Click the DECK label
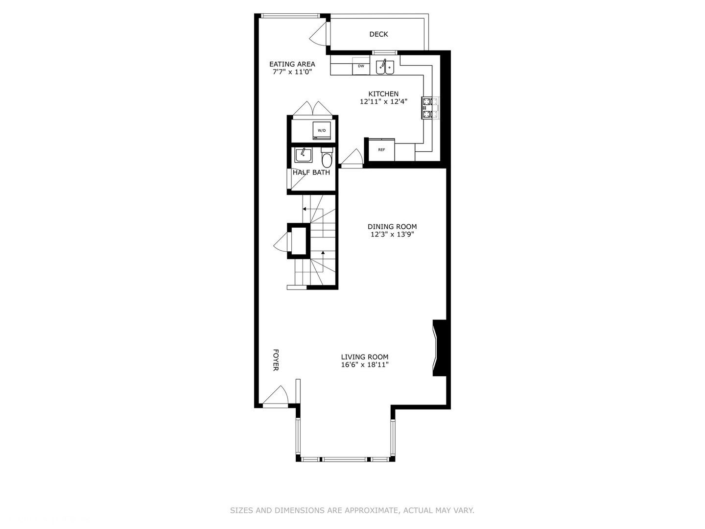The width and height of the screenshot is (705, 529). tap(378, 34)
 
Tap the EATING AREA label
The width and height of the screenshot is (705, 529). tap(292, 64)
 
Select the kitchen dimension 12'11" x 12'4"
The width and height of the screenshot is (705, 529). tap(383, 102)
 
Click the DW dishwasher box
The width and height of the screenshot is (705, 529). tap(361, 66)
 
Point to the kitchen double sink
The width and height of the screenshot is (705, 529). tap(385, 67)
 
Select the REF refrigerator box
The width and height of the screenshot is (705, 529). tap(381, 150)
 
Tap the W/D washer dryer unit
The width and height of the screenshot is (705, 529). tap(322, 130)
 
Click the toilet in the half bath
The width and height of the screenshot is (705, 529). tap(327, 159)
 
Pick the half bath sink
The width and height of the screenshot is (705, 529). tap(303, 155)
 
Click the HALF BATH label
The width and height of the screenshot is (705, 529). tap(311, 172)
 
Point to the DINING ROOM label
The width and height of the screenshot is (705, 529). tap(392, 226)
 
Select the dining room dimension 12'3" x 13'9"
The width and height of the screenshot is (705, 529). tap(392, 235)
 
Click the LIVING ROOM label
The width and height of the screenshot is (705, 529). tap(365, 357)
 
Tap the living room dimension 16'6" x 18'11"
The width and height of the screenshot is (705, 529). tap(365, 365)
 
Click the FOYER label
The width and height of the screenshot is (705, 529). tap(276, 360)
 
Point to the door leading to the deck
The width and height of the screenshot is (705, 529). tap(318, 33)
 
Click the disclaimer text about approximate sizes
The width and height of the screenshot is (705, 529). tap(352, 510)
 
